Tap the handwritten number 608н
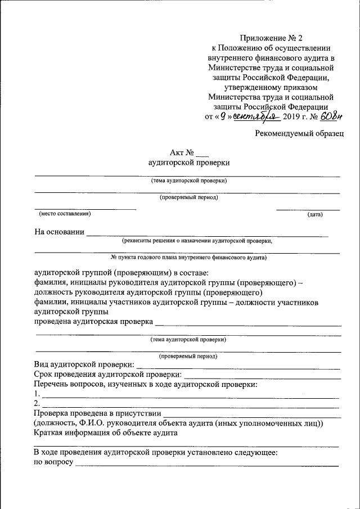331,116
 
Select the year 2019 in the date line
292,117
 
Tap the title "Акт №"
182,152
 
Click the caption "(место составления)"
65,214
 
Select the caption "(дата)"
314,215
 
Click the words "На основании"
60,231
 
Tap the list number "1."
37,394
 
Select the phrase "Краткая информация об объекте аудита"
106,433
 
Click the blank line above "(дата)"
308,210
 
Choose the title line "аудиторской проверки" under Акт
188,163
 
